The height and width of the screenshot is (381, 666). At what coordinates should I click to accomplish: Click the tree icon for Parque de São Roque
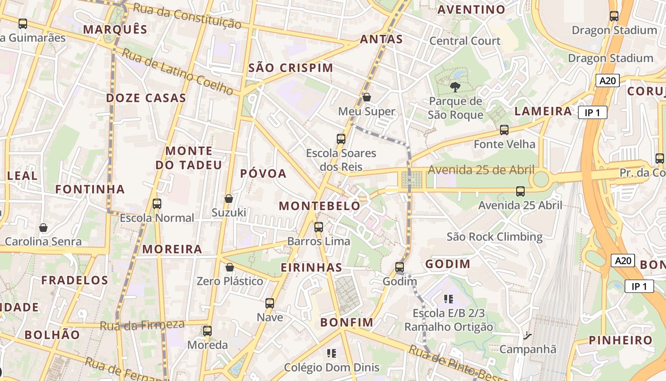455,87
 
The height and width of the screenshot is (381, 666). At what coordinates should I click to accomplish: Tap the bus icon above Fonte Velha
504,130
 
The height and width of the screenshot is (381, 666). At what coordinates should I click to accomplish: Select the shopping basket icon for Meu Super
367,97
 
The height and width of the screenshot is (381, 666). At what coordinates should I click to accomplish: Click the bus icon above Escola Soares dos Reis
341,139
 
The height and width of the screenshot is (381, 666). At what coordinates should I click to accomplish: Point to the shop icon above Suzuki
229,198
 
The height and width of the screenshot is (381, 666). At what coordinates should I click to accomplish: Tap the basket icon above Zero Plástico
230,267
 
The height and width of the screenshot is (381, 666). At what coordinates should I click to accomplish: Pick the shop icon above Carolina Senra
43,228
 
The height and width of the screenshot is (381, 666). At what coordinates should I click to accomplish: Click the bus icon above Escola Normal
157,204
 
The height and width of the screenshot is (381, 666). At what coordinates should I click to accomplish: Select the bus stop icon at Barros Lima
319,227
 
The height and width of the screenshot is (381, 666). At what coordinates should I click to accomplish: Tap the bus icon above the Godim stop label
400,267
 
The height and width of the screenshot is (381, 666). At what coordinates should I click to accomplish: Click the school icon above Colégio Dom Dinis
332,353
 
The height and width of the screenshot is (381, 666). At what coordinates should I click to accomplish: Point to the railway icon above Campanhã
527,335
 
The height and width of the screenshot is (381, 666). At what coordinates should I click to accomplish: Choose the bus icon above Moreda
207,331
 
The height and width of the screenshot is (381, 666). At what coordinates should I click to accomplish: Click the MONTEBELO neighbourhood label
320,206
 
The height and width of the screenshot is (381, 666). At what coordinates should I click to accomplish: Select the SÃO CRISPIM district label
291,68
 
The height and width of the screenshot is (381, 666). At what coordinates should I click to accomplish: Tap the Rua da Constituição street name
187,15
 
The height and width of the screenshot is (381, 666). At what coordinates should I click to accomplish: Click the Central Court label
465,41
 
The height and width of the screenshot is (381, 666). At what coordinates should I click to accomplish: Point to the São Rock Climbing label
494,237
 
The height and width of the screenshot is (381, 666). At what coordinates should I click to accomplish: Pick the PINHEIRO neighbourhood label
621,340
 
